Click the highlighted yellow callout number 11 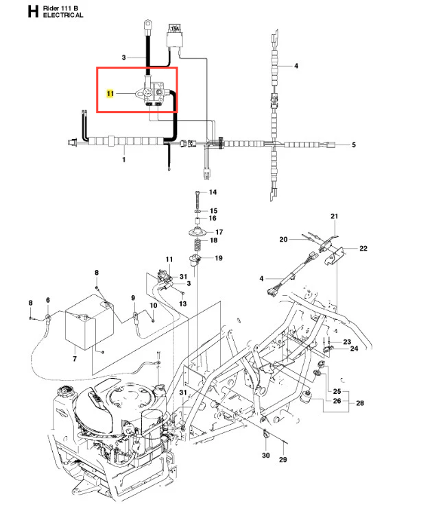pyautogui.click(x=110, y=94)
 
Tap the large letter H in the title pyautogui.click(x=34, y=12)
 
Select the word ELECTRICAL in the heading pyautogui.click(x=63, y=15)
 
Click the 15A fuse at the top pyautogui.click(x=175, y=36)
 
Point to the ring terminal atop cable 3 pyautogui.click(x=147, y=23)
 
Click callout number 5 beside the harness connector pyautogui.click(x=354, y=145)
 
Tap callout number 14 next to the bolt pyautogui.click(x=213, y=192)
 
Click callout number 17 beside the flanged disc pyautogui.click(x=219, y=232)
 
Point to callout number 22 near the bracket pyautogui.click(x=363, y=249)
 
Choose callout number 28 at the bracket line pyautogui.click(x=360, y=403)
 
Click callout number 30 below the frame pyautogui.click(x=266, y=456)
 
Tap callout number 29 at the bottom pyautogui.click(x=283, y=460)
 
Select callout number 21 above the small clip pyautogui.click(x=334, y=216)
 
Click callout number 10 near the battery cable pyautogui.click(x=154, y=306)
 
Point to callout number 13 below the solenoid pyautogui.click(x=183, y=303)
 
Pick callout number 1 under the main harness pyautogui.click(x=123, y=160)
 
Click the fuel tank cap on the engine pyautogui.click(x=67, y=390)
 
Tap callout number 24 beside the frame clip pyautogui.click(x=354, y=349)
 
